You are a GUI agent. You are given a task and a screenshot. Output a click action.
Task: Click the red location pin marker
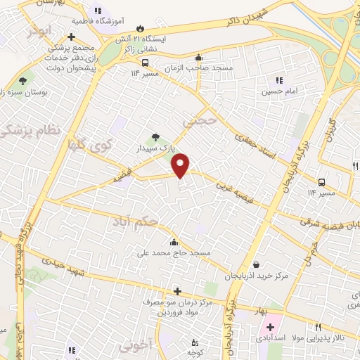pos(181,165)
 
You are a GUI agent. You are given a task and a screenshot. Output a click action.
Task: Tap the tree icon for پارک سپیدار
pos(155,137)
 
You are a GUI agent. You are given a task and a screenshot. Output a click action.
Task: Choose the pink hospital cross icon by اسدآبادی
pos(271,327)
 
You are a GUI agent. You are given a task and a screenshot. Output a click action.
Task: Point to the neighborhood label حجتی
pos(197,122)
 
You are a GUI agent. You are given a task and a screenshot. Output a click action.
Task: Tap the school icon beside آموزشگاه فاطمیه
pos(97,11)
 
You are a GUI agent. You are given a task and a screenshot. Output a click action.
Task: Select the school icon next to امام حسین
pos(279,81)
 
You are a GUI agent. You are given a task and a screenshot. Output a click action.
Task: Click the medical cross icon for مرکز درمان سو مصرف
pos(177,291)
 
